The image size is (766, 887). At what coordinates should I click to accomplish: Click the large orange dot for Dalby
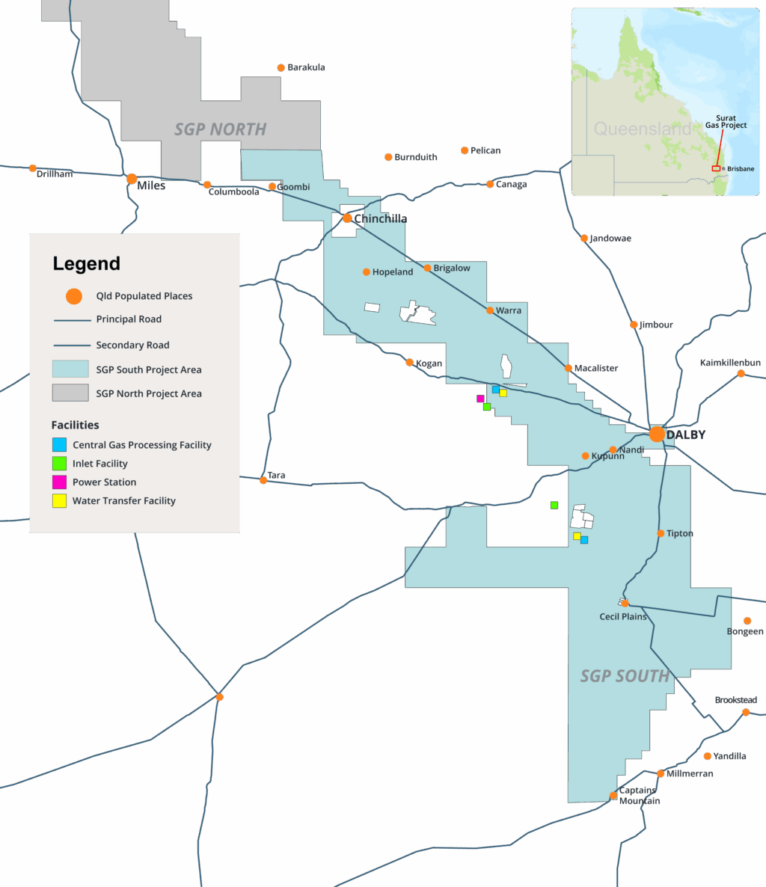[x=657, y=434]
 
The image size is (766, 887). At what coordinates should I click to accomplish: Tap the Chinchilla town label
[x=381, y=218]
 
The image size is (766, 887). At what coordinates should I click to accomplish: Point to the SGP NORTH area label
[x=221, y=129]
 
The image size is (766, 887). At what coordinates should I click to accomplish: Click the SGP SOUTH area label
[x=625, y=676]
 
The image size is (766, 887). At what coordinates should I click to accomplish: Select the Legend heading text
[x=86, y=264]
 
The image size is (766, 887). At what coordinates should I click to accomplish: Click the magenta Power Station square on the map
[x=480, y=399]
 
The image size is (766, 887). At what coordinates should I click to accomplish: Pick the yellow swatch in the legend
[x=59, y=501]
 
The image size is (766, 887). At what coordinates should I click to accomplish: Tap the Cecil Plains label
[x=623, y=617]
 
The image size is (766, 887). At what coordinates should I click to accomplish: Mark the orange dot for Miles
[x=132, y=179]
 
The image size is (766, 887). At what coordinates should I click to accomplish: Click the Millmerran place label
[x=690, y=773]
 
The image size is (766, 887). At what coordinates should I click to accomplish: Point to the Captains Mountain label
[x=639, y=796]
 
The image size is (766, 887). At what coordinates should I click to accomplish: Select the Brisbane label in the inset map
[x=741, y=169]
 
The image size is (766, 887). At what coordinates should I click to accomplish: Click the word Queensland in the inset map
[x=642, y=129]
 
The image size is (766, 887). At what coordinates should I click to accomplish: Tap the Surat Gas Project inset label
[x=726, y=122]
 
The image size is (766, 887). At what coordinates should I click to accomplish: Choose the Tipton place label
[x=680, y=533]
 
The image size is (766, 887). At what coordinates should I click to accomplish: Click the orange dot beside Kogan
[x=410, y=363]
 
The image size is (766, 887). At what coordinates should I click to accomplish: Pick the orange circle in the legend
[x=73, y=296]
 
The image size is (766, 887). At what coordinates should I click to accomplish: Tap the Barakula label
[x=306, y=67]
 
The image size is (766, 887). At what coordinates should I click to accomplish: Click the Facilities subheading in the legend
[x=75, y=425]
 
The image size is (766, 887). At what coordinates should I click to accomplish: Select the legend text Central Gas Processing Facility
[x=142, y=445]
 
